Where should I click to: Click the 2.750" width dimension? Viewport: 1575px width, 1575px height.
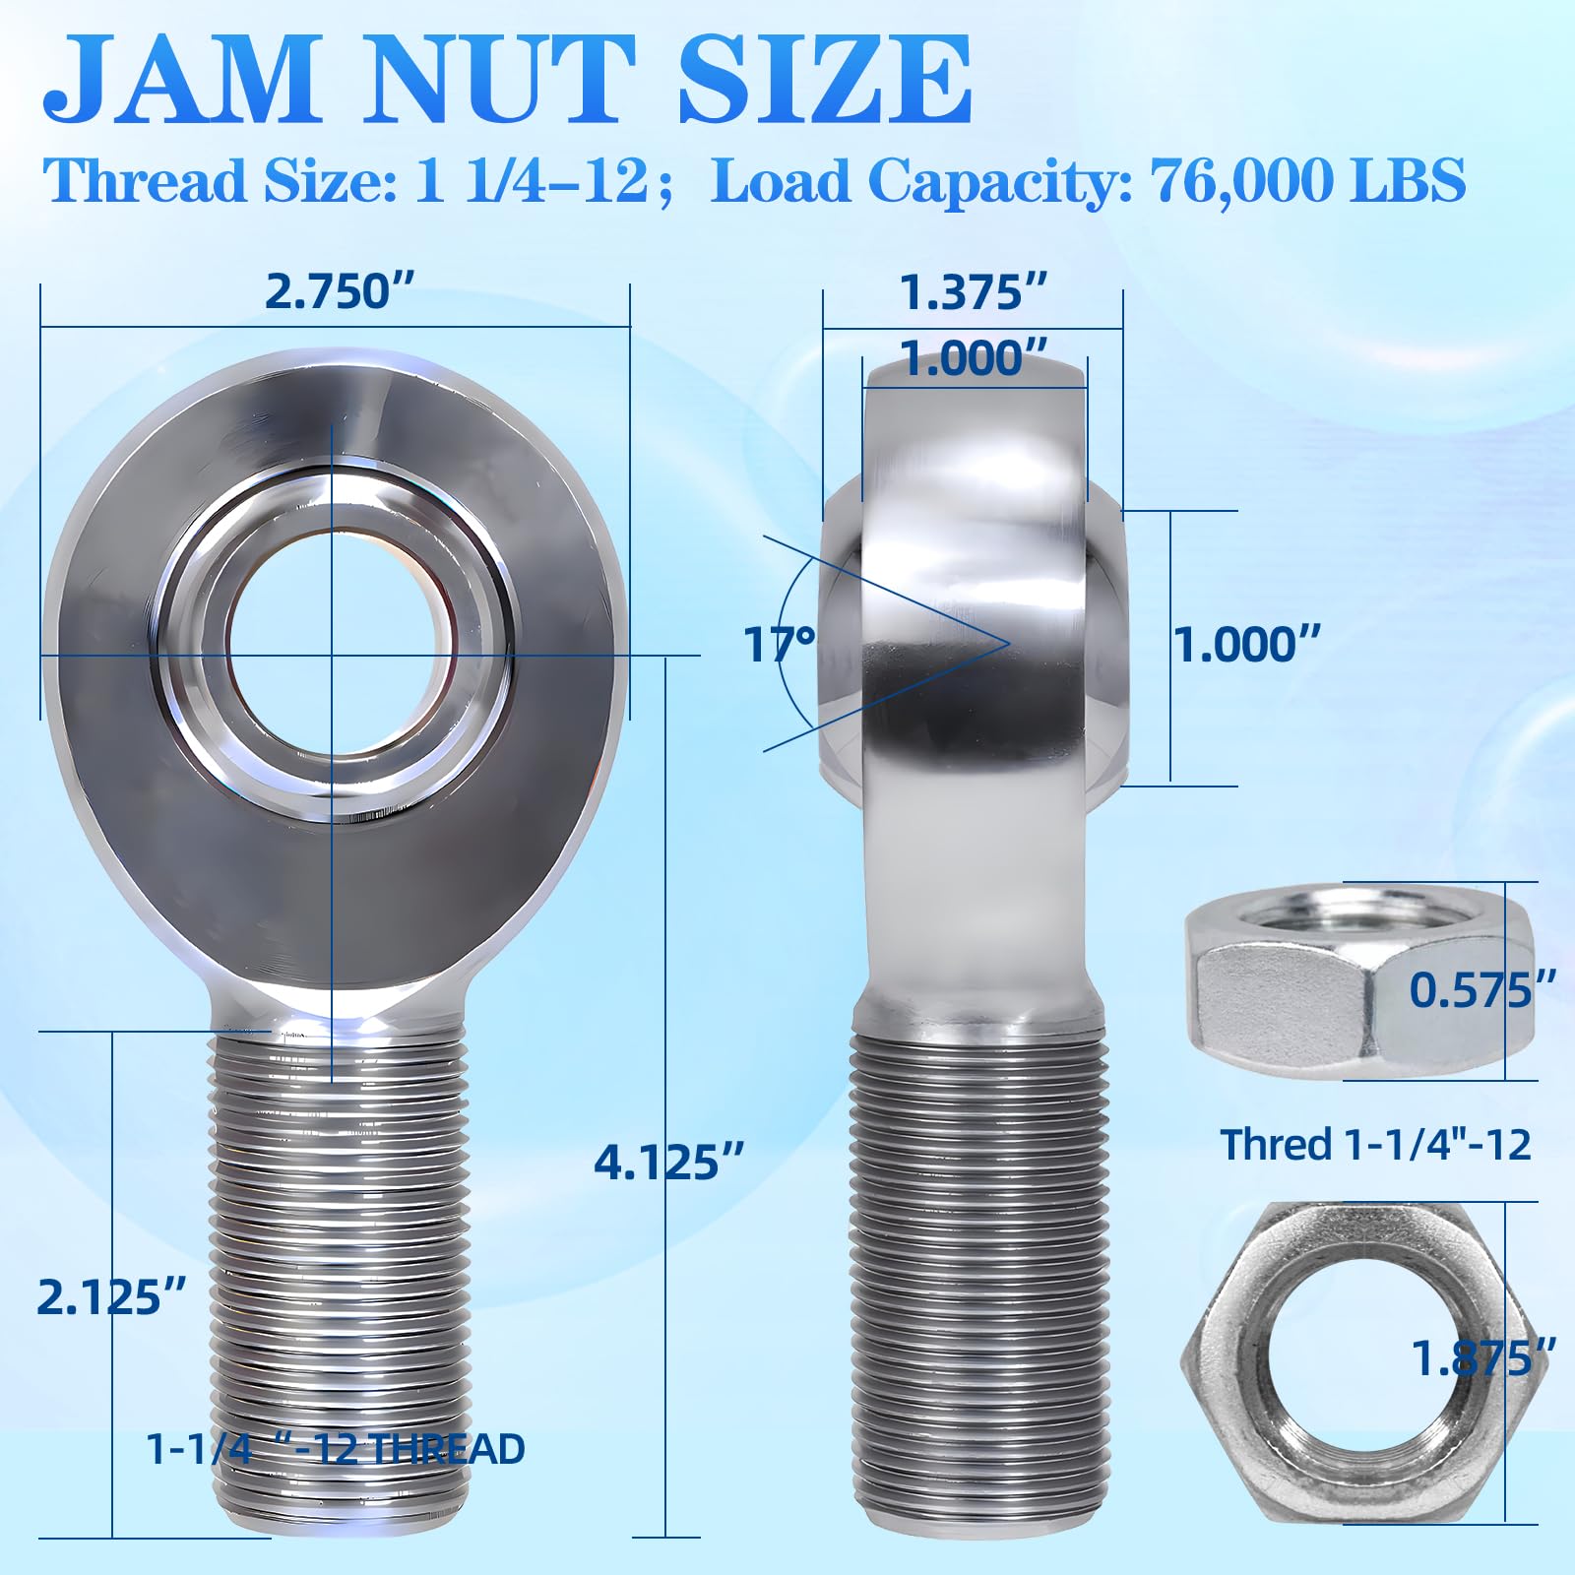[340, 292]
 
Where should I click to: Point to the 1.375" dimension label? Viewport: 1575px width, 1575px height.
[973, 292]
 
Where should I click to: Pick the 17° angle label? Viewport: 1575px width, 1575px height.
[779, 646]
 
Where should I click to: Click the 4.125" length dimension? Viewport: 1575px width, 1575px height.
[668, 1163]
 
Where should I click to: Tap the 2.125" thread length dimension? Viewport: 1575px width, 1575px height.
[111, 1297]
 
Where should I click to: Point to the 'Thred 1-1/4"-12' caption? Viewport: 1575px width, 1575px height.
[1375, 1145]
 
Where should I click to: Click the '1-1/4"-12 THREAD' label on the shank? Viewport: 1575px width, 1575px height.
[336, 1449]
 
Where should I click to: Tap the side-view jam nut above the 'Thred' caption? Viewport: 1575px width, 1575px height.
[1358, 984]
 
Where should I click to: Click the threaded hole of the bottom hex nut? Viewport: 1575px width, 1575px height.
[1358, 1359]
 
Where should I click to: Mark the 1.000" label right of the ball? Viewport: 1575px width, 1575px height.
[1246, 646]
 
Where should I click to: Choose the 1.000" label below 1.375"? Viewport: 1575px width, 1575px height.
[973, 358]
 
